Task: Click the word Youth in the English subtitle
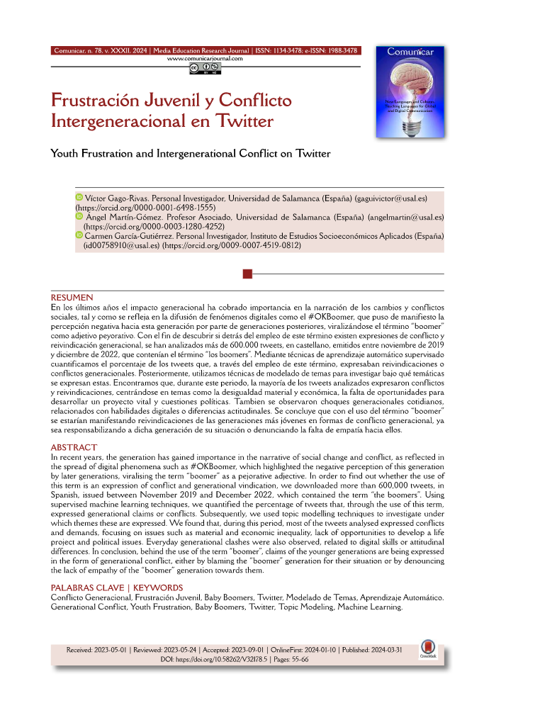tap(68, 152)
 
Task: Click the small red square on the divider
tap(247, 274)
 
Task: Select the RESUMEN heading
tap(72, 297)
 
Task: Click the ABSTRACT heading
tap(74, 448)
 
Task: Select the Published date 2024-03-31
tap(392, 650)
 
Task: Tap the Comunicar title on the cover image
tap(410, 51)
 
